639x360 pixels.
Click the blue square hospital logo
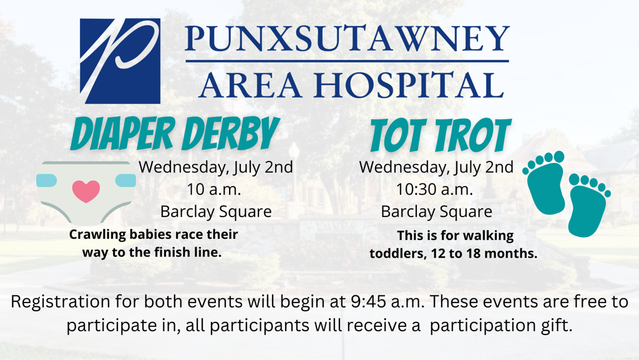tap(120, 61)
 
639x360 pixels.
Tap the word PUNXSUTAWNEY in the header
tap(347, 39)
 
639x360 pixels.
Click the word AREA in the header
tap(251, 85)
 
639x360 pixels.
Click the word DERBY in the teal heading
tap(231, 132)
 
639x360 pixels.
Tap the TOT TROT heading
tap(441, 135)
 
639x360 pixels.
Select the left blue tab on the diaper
tap(46, 180)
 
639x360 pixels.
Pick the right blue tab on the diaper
tap(125, 180)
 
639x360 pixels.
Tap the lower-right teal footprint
tap(588, 205)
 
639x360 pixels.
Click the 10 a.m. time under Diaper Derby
tap(214, 190)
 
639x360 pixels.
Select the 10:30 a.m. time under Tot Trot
tap(434, 190)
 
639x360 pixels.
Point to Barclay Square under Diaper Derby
tap(216, 212)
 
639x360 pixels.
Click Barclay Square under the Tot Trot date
tap(436, 212)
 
